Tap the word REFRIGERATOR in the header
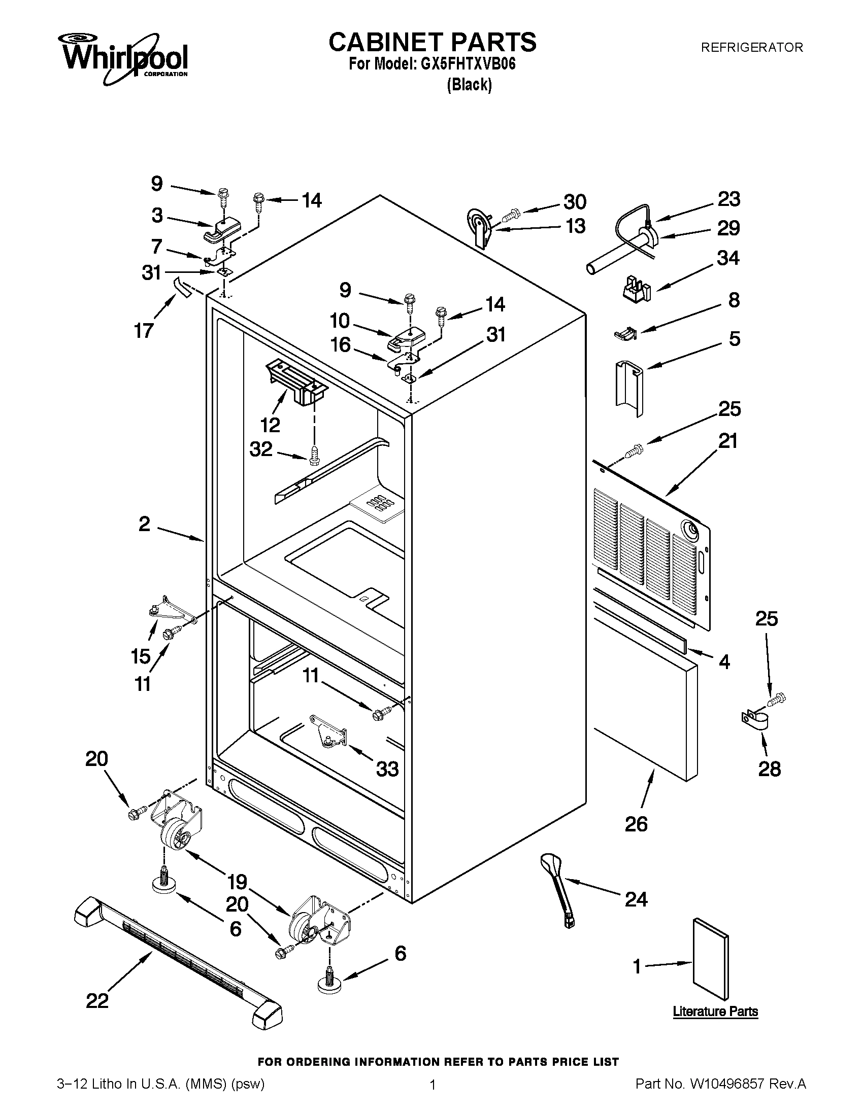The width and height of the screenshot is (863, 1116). click(x=751, y=48)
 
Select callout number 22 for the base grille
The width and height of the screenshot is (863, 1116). click(x=97, y=1001)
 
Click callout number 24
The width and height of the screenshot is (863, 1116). click(x=636, y=899)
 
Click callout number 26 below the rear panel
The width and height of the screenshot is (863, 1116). click(x=636, y=824)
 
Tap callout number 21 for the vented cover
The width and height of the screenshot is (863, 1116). click(x=728, y=440)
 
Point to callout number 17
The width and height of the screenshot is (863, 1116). click(x=144, y=331)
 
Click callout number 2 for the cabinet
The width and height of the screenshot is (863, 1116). click(x=144, y=524)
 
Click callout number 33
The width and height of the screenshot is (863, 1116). click(x=387, y=769)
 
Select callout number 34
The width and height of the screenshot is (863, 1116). click(x=727, y=258)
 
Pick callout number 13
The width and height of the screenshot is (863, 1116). click(x=575, y=226)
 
